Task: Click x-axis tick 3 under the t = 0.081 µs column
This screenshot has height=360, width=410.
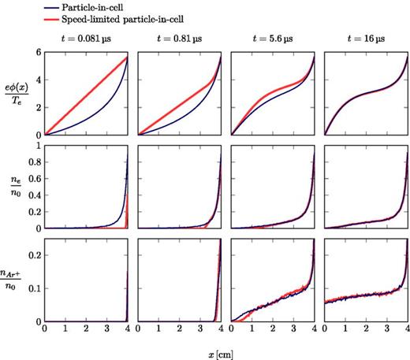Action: click(x=106, y=329)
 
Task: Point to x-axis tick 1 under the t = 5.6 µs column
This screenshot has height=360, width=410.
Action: click(x=252, y=329)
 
